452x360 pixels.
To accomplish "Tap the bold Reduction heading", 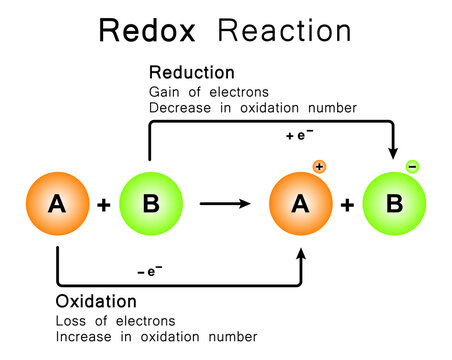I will (191, 73).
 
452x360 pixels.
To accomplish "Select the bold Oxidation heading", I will (97, 301).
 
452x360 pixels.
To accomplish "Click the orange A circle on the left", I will (57, 204).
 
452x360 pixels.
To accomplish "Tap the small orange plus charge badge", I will (321, 167).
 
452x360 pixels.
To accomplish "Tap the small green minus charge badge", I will (412, 167).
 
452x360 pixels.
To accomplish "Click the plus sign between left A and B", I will (104, 205).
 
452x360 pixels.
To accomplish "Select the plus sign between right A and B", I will (347, 205).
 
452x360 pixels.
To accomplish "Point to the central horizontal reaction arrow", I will (225, 204).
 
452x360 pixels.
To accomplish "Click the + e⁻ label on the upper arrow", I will (301, 135).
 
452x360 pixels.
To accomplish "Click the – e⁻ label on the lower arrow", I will (150, 271).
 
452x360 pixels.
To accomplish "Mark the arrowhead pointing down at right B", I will (393, 151).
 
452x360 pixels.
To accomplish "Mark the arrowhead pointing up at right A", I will (300, 257).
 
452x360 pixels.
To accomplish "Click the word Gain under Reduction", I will (164, 92).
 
